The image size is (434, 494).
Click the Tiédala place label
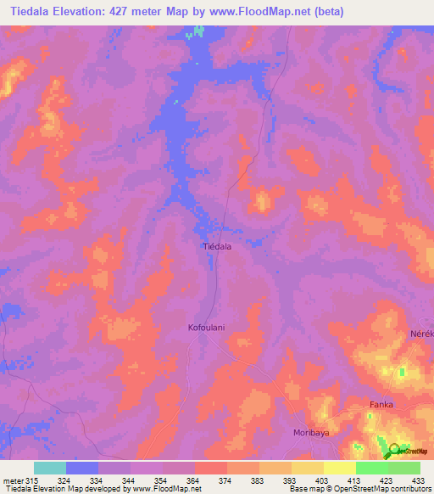[x=218, y=246]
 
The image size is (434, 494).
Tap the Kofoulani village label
[x=207, y=326]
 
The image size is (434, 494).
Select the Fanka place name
[x=381, y=405]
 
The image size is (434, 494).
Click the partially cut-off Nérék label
[x=423, y=334]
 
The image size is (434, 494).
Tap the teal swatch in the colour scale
[x=50, y=468]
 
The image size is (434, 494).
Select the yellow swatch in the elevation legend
[x=308, y=468]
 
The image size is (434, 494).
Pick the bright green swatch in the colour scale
[x=371, y=468]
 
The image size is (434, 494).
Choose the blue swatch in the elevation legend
[x=82, y=468]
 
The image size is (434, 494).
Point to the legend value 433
[x=417, y=480]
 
